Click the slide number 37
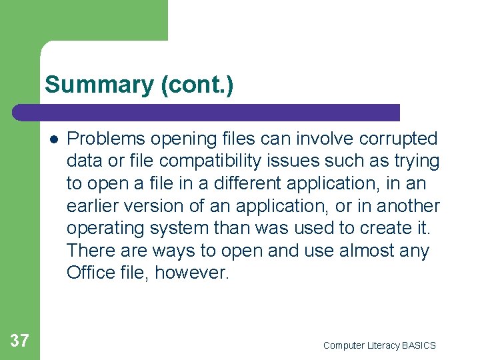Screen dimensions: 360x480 pos(20,341)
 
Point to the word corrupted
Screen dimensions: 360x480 pos(398,139)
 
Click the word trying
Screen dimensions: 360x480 pos(416,161)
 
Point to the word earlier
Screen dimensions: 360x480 pos(91,206)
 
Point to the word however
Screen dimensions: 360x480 pos(192,273)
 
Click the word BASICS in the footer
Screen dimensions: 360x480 pos(419,345)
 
